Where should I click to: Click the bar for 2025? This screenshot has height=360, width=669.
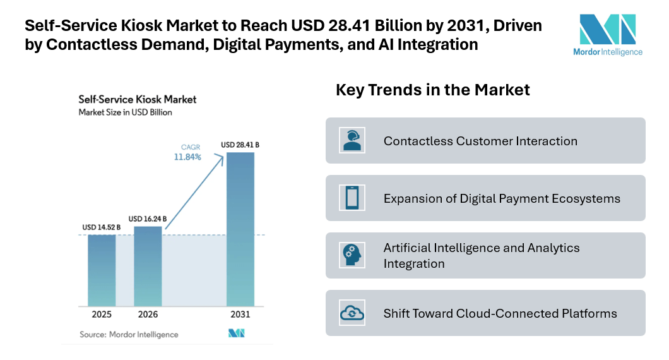[102, 270]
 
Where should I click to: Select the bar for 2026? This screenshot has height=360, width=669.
[148, 266]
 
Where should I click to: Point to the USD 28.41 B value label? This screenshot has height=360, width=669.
[240, 145]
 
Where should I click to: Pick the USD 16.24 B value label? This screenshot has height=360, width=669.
[148, 219]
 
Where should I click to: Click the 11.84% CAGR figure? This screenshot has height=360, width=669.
[187, 157]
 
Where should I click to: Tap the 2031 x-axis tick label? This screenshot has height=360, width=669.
[240, 315]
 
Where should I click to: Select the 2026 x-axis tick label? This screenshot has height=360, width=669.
[148, 315]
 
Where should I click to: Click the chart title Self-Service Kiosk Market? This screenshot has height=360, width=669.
[137, 99]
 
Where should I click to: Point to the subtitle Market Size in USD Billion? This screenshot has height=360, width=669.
[125, 112]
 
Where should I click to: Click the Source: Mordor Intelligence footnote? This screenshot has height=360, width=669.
[129, 334]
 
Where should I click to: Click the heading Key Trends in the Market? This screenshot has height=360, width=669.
[432, 90]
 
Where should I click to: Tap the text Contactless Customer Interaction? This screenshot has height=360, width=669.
[480, 141]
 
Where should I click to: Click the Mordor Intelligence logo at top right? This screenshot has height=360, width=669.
[610, 35]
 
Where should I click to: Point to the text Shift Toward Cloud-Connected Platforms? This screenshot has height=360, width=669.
[500, 313]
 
